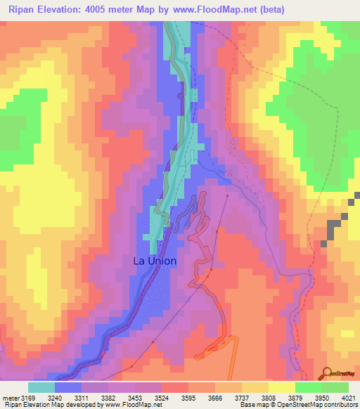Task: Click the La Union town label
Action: coord(155,261)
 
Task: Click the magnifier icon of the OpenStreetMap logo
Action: coord(326,373)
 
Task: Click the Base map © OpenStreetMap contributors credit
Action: coord(297,405)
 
